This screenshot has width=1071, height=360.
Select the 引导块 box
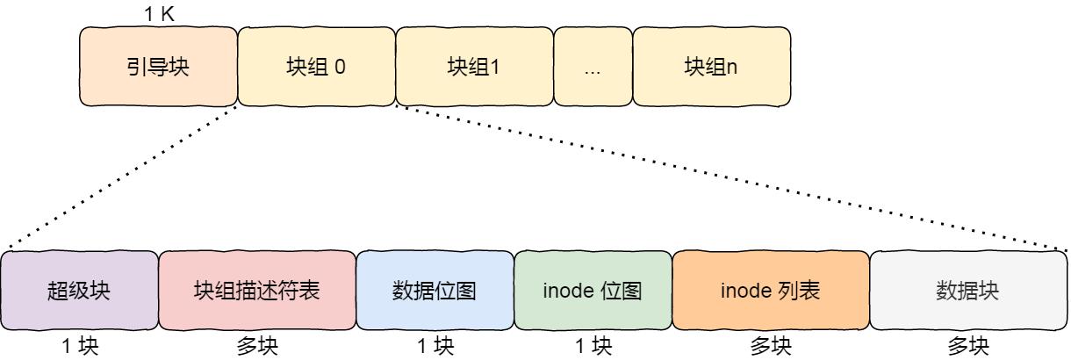coord(158,67)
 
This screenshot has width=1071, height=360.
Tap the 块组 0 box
coord(316,67)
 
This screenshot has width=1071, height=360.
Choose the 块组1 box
coord(474,67)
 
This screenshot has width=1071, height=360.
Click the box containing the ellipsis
coord(593,67)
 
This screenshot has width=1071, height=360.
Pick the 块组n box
coord(711,67)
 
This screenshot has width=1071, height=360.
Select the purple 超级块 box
coord(79,291)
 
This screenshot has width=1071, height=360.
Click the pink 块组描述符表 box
coord(257,291)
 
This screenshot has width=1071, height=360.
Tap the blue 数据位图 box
coord(435,291)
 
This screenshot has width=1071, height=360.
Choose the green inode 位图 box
coord(593,291)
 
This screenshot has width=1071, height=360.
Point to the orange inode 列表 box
coord(771,291)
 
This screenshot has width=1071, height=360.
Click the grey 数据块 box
coord(968,291)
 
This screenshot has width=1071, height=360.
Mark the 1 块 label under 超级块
coord(80,347)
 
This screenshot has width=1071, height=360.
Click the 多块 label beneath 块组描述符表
coord(257,347)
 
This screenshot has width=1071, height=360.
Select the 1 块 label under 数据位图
coord(435,347)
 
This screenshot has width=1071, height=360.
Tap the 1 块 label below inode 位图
coord(593,347)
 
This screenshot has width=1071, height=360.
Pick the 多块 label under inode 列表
coord(771,347)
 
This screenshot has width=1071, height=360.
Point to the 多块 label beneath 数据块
coord(968,347)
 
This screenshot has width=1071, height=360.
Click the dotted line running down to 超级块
coord(123,176)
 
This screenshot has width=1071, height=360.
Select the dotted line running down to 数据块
coord(729,176)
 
